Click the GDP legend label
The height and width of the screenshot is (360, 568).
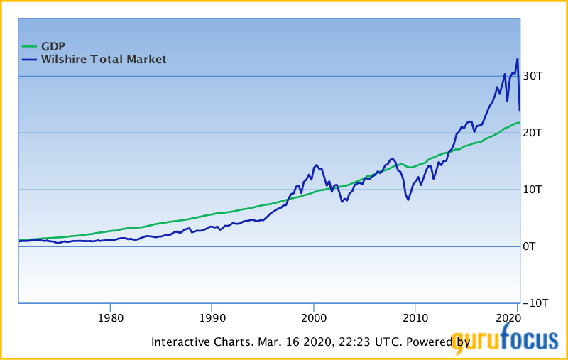53,46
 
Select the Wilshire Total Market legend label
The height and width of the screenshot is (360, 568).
104,60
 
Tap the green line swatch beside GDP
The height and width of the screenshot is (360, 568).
28,46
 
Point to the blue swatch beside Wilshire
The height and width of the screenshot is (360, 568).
28,60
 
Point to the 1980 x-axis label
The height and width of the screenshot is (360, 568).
110,317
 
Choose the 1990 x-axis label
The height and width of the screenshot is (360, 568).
212,317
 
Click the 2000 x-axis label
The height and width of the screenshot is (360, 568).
314,317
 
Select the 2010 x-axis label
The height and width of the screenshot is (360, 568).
415,317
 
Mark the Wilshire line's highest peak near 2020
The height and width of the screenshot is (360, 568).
518,59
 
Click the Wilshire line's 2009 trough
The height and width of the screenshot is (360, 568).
408,200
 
